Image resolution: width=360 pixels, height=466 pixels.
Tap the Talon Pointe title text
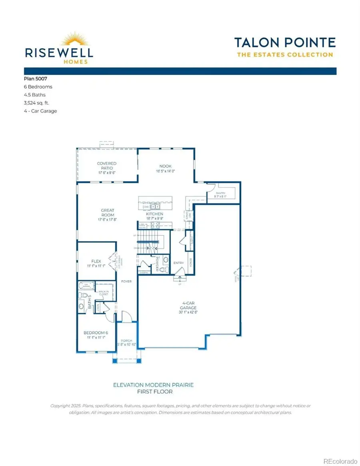(x=285, y=42)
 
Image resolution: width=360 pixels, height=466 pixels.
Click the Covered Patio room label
(x=107, y=166)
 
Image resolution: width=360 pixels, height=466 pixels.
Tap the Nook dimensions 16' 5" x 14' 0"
(x=165, y=171)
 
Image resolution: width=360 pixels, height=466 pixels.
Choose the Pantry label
(x=220, y=193)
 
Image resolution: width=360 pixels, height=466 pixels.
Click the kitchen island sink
(x=155, y=207)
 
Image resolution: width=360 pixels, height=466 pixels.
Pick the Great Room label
(x=108, y=212)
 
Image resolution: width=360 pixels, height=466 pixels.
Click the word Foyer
(x=126, y=281)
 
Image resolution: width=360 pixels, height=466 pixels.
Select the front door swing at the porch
(x=126, y=317)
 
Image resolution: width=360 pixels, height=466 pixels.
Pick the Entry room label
(x=178, y=263)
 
